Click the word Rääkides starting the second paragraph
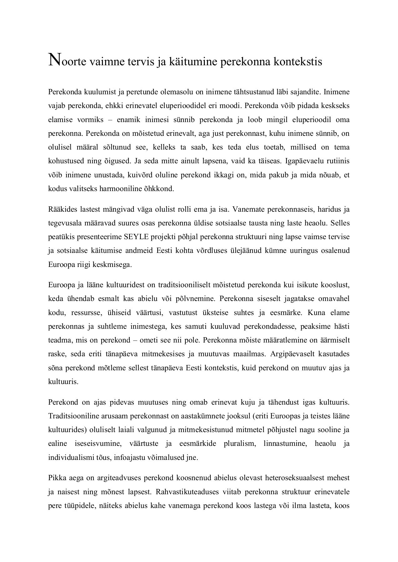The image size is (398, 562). [61, 210]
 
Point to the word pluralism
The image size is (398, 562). [239, 444]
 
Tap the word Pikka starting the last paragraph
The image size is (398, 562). [56, 478]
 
